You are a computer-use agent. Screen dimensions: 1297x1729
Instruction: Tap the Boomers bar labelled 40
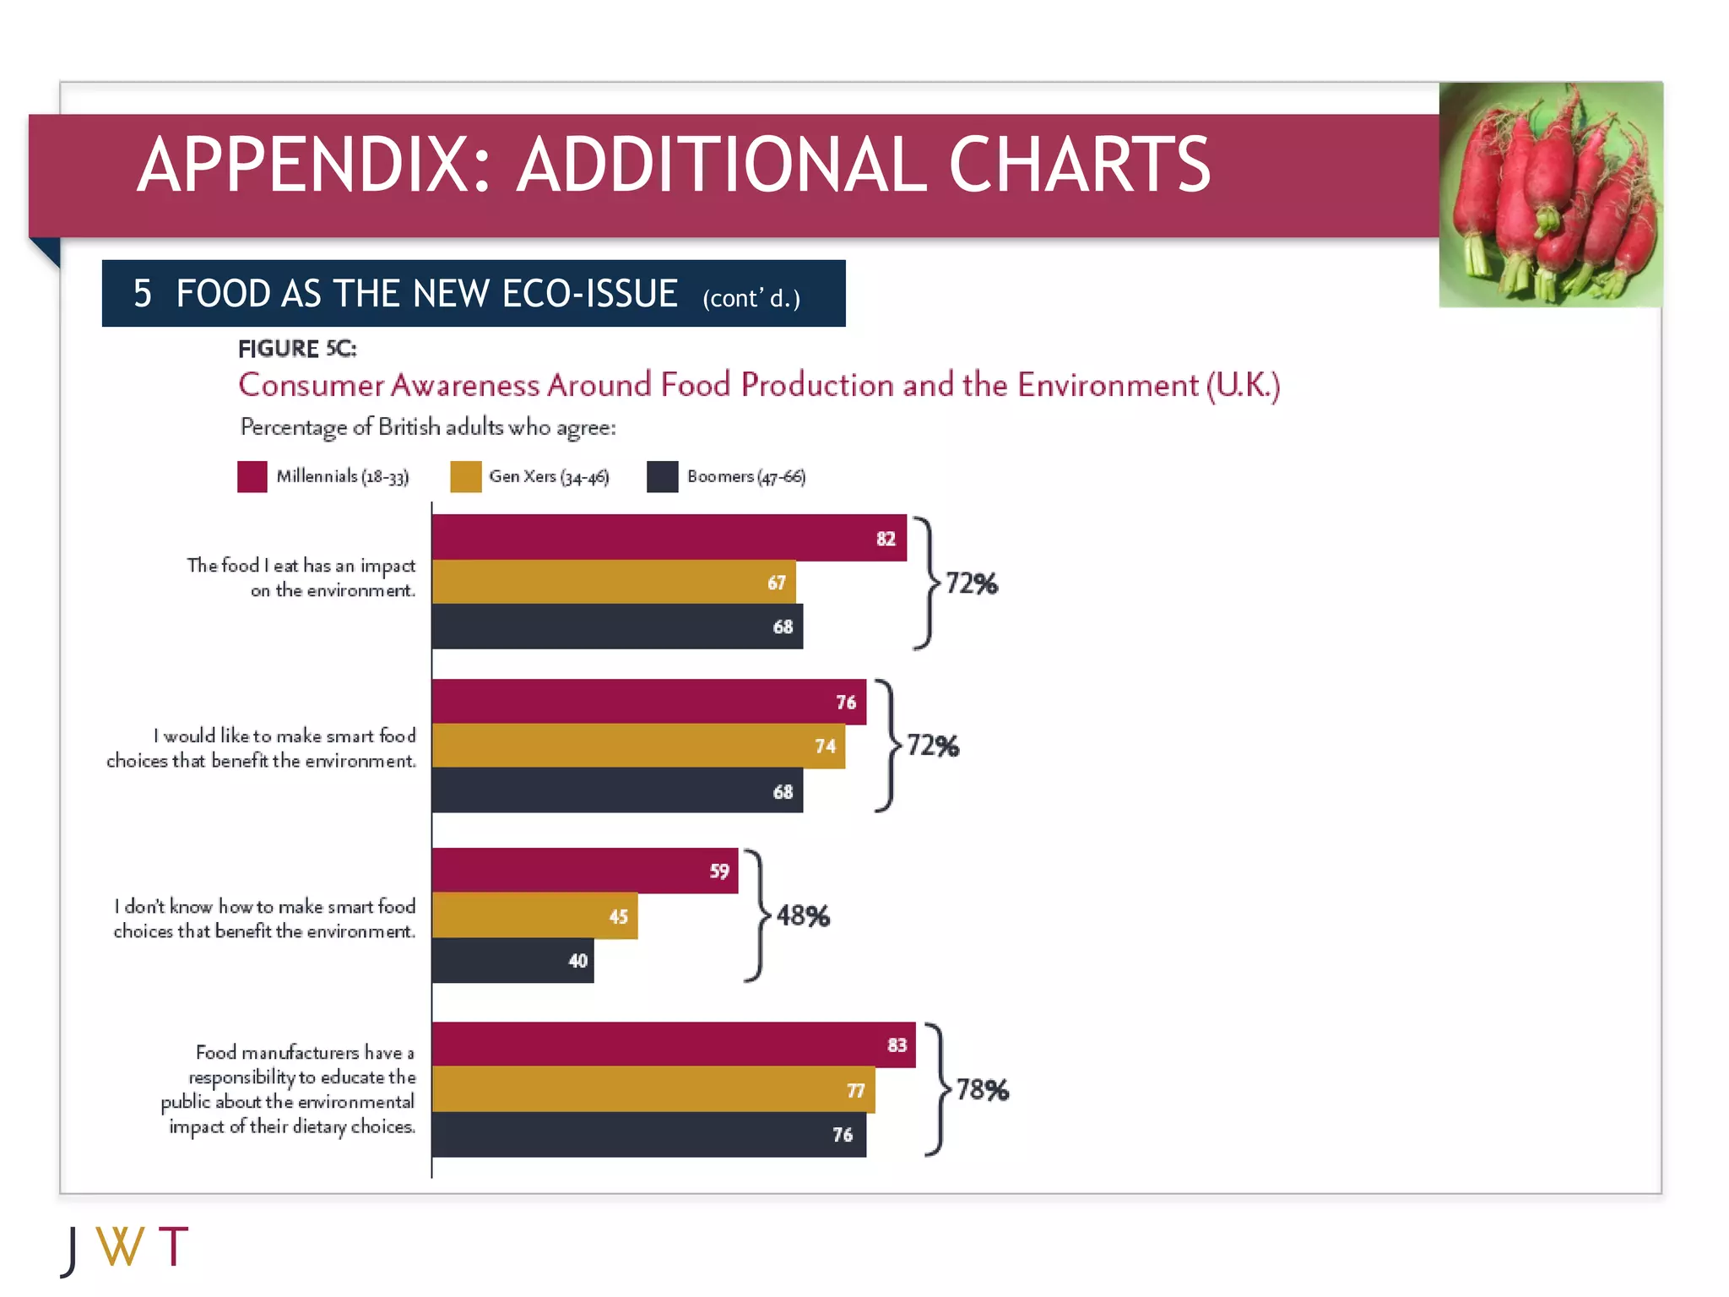tap(512, 960)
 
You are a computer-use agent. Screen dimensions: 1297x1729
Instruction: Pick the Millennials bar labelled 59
tap(584, 871)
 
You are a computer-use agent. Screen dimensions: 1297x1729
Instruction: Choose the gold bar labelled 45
tap(534, 915)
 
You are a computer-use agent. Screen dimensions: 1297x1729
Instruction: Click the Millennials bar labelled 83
tap(673, 1045)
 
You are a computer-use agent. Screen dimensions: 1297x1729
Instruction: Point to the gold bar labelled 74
tap(638, 746)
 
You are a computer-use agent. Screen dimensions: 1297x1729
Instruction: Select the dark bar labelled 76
tap(648, 1134)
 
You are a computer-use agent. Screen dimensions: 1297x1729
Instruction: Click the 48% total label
tap(803, 915)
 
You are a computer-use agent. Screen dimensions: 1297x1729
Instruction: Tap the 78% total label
tap(982, 1089)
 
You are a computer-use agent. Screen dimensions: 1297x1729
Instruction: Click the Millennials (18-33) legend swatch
tap(252, 476)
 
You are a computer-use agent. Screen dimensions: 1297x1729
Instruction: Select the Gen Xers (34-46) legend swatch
tap(465, 476)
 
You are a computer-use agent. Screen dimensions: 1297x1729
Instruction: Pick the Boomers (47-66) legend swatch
tap(663, 476)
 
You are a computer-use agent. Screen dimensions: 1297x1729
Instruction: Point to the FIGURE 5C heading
tap(297, 349)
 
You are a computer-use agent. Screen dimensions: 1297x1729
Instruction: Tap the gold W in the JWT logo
tap(121, 1247)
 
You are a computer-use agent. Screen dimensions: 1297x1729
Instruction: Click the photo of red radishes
tap(1550, 194)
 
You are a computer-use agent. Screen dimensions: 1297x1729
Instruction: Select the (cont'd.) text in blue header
tap(751, 298)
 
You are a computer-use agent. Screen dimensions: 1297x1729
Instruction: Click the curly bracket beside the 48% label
tap(757, 915)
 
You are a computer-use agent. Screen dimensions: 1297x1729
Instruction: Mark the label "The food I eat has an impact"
tap(301, 565)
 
